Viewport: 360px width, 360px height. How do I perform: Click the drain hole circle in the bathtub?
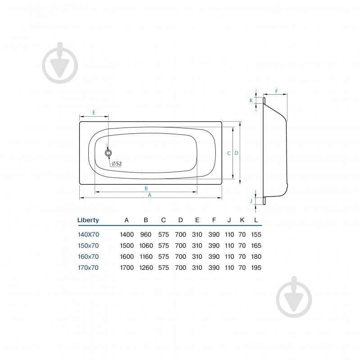(109, 153)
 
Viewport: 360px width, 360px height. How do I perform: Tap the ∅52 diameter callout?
(117, 164)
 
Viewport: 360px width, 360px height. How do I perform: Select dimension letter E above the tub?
(94, 113)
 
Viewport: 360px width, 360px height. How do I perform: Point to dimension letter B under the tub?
(146, 188)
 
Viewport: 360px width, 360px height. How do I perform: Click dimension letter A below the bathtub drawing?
(150, 195)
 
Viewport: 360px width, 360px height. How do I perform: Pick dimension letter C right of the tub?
(229, 153)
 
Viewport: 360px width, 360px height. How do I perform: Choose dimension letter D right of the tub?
(237, 153)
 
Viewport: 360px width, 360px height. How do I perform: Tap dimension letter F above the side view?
(277, 91)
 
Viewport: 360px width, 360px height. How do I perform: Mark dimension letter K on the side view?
(251, 100)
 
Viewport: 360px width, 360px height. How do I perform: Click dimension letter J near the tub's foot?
(251, 201)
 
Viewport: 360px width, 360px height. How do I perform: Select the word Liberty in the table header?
(88, 220)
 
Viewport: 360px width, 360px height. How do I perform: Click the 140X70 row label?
(88, 235)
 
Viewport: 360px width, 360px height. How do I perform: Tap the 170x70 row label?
(88, 268)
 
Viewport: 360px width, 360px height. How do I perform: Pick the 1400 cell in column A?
(127, 235)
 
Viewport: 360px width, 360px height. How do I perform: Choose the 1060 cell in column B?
(146, 246)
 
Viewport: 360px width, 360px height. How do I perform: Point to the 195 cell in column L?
(256, 268)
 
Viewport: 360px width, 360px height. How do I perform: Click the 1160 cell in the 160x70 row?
(146, 257)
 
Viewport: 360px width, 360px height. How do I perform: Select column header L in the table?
(256, 220)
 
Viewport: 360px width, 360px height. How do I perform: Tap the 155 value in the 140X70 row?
(256, 235)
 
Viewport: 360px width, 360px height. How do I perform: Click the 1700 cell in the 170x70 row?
(127, 268)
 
